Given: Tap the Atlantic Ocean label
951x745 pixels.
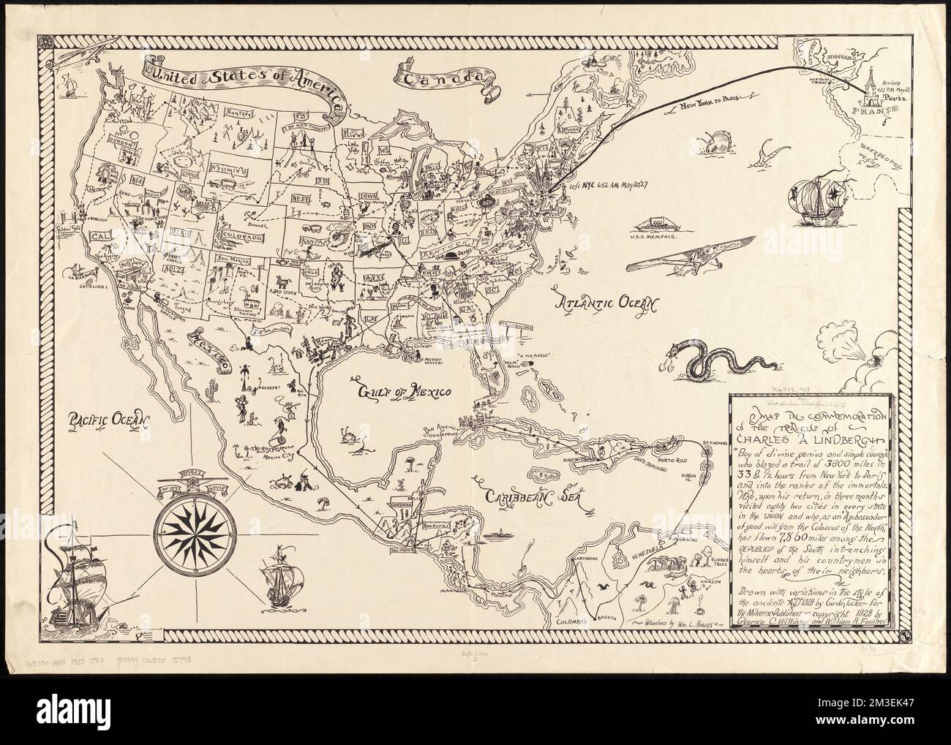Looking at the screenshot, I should coord(606,304).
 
